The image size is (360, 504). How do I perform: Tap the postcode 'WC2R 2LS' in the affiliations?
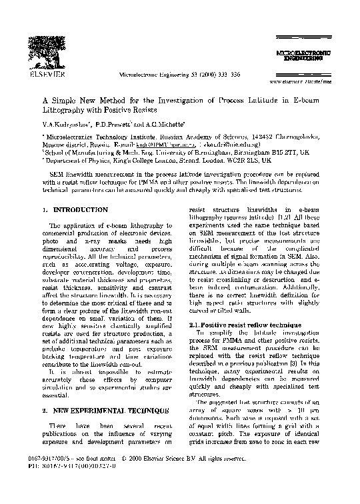tap(243, 161)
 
